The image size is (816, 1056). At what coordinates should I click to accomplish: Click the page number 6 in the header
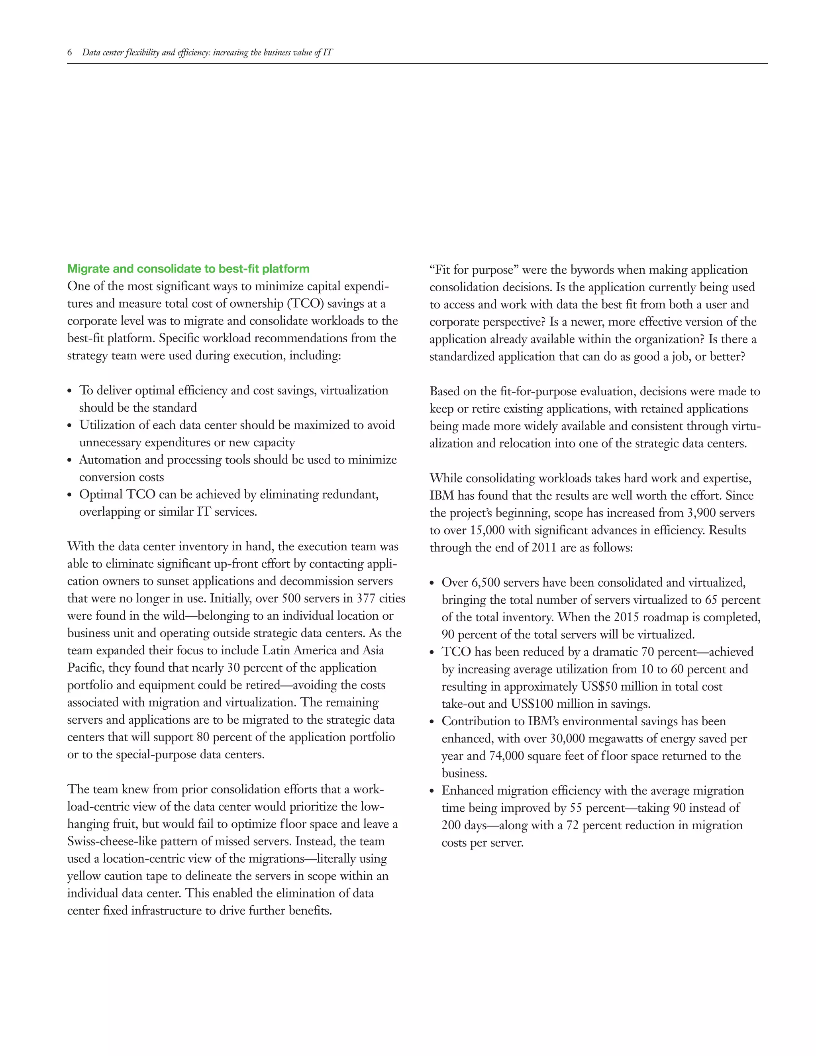coord(70,53)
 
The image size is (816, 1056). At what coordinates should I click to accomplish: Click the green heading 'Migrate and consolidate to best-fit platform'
coord(188,269)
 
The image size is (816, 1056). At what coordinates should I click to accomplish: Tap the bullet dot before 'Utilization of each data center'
coord(70,426)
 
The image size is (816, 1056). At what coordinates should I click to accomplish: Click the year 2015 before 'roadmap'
coord(630,617)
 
